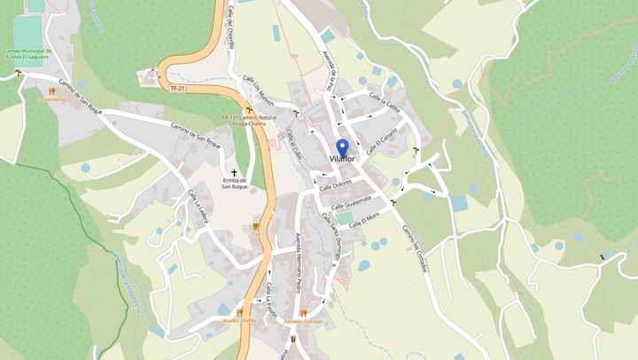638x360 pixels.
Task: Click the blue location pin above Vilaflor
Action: [x=342, y=146]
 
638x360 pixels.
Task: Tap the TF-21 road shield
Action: [x=176, y=87]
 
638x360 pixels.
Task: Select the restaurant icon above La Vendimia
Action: [x=51, y=90]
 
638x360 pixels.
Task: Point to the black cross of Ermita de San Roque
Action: [x=235, y=173]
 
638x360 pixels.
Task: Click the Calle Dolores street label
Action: [x=336, y=184]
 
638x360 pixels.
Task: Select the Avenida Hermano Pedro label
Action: [x=298, y=262]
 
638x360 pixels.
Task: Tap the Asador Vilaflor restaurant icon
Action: [x=239, y=311]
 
